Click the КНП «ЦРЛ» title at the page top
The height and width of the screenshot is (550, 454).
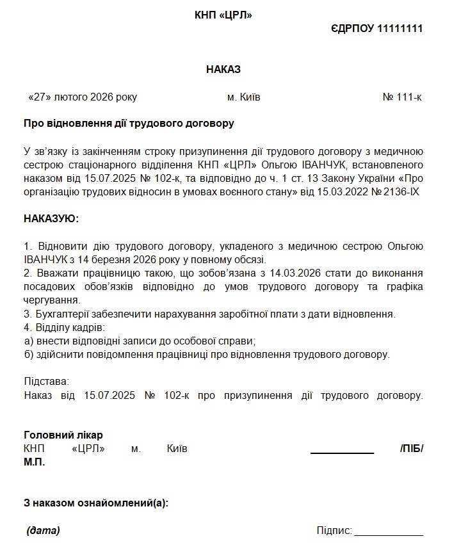pos(223,15)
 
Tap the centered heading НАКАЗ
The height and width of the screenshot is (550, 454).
pos(223,69)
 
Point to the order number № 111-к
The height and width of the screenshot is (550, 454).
pos(402,97)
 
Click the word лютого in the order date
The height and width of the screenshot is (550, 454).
pos(71,97)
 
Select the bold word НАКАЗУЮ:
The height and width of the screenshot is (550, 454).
pos(51,218)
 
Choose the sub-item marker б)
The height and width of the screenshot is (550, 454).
pos(29,354)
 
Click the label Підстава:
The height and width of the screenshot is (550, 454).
pos(45,382)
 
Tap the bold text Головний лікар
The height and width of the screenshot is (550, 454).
pos(63,435)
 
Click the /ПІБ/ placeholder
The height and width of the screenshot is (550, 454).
pos(411,449)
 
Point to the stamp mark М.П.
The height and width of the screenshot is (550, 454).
pos(34,462)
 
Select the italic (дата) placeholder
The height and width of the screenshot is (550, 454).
pos(44,530)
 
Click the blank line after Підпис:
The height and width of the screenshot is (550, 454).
pos(389,533)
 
